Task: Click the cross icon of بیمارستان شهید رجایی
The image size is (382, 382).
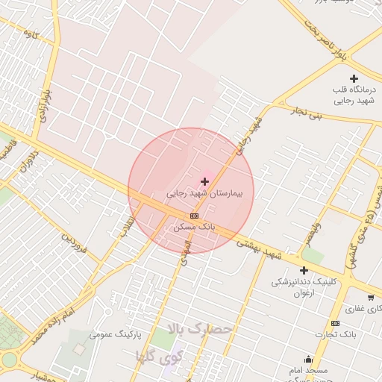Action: [204, 181]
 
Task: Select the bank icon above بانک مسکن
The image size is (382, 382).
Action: [195, 215]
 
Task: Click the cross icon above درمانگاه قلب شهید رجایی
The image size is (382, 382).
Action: [354, 78]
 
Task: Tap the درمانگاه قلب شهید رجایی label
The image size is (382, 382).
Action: [354, 94]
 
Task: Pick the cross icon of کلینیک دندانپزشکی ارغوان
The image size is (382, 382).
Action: [304, 269]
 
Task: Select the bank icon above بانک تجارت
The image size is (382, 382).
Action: [335, 323]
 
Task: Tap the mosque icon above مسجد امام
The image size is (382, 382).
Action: [309, 359]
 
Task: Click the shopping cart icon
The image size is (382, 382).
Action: [371, 297]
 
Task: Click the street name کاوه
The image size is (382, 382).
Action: [31, 34]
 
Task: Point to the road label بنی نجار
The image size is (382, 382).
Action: [308, 113]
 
